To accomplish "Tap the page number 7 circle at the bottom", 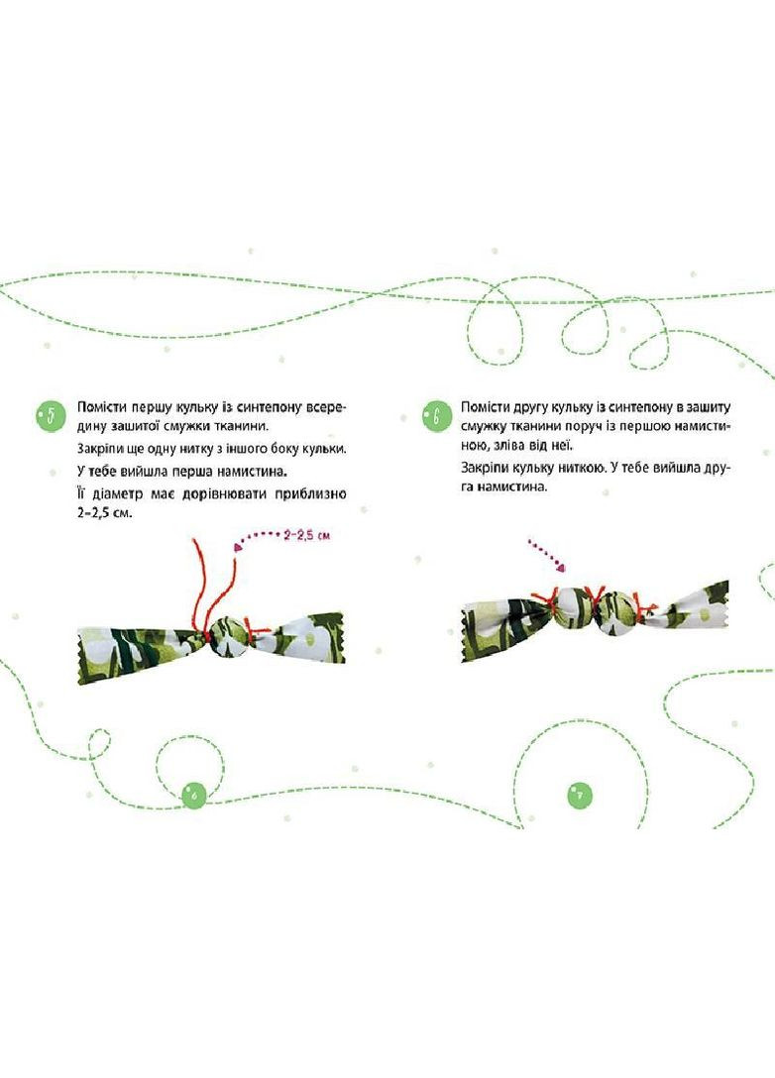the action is point(581,796).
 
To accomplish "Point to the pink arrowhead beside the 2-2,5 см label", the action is point(239,546).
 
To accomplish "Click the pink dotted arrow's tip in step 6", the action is point(562,567).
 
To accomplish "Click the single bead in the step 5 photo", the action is point(226,637).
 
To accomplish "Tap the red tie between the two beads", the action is point(595,598).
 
